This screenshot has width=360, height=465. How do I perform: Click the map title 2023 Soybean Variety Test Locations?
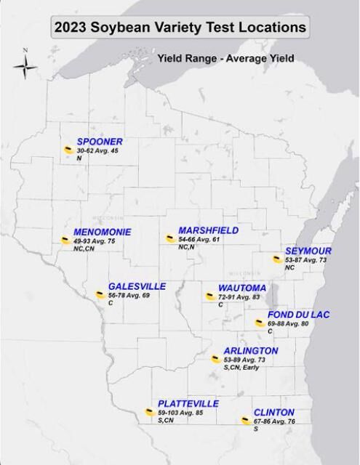[x=179, y=28]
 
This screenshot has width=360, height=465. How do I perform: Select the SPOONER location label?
[x=100, y=141]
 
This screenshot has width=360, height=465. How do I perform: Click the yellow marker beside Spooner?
[x=68, y=149]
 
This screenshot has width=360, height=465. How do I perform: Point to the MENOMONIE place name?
[x=103, y=231]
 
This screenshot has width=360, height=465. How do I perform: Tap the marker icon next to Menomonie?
[x=65, y=239]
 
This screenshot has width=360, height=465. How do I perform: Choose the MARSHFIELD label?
[x=208, y=230]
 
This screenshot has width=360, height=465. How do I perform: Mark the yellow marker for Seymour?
[x=277, y=259]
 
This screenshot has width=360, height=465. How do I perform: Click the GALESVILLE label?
[x=137, y=286]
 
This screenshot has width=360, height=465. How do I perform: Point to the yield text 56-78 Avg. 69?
[x=129, y=296]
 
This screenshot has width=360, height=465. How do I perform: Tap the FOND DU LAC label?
[x=299, y=314]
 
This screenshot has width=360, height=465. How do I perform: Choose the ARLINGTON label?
[x=251, y=351]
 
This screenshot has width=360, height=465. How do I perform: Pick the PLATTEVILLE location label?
[x=188, y=404]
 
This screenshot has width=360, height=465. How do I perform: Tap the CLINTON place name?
[x=274, y=413]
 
